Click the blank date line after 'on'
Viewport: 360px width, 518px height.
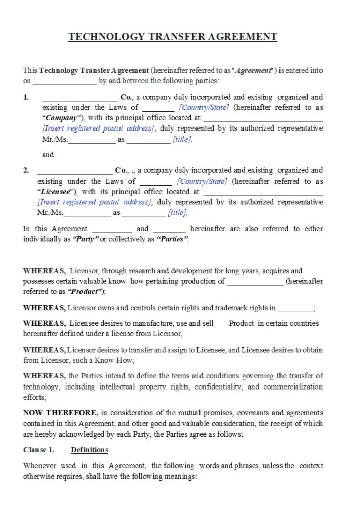tap(65, 81)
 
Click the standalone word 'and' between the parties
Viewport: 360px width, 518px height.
tap(48, 155)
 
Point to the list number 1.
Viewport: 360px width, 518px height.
tap(26, 97)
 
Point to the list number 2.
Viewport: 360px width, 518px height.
tap(26, 170)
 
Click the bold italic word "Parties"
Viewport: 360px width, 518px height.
tap(173, 239)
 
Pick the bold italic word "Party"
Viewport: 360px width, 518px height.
tap(85, 239)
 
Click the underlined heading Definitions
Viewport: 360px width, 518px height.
tap(90, 450)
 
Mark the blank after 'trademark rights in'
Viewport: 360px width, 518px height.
tap(296, 308)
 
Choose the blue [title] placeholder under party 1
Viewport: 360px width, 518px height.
tap(182, 139)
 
